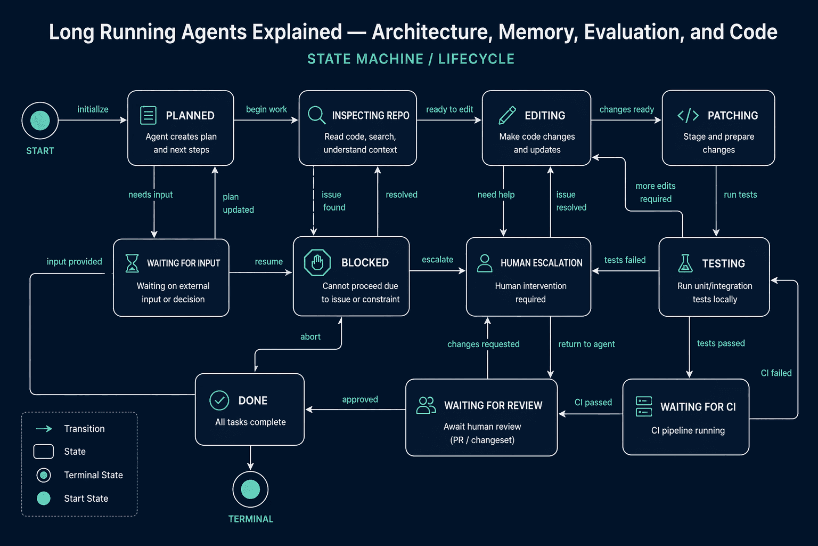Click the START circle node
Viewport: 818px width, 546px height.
pos(40,121)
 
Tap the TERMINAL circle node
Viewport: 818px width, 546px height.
pos(250,489)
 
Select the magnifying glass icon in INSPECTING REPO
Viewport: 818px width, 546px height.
pos(317,115)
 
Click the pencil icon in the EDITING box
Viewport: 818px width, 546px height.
pos(507,115)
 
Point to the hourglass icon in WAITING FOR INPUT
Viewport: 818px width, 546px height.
pos(132,263)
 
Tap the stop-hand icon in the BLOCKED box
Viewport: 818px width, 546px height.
pos(317,262)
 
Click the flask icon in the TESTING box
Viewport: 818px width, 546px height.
pos(685,263)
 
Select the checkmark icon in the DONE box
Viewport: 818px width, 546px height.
pos(219,400)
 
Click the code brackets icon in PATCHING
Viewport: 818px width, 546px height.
pos(688,115)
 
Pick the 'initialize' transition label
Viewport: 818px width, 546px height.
pos(93,109)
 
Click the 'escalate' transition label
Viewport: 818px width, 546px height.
pos(437,259)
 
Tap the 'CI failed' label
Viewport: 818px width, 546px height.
pos(776,373)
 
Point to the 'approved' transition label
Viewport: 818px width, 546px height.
pos(359,399)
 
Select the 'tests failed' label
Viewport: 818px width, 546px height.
pos(625,260)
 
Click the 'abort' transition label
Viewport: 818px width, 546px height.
pos(310,336)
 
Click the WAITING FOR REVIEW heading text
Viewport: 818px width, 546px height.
pos(493,405)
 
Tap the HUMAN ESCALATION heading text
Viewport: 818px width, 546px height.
pos(541,262)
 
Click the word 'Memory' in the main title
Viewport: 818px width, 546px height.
pos(538,32)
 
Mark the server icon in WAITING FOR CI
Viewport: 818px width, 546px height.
pos(644,406)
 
